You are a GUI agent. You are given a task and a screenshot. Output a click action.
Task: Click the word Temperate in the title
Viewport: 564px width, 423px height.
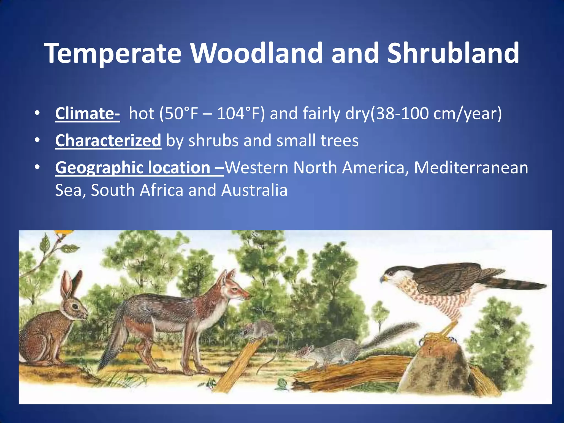pyautogui.click(x=113, y=54)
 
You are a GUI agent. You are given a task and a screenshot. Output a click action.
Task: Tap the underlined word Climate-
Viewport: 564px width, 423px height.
pyautogui.click(x=87, y=114)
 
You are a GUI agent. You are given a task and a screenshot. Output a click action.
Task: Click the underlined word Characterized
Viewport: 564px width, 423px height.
pyautogui.click(x=108, y=141)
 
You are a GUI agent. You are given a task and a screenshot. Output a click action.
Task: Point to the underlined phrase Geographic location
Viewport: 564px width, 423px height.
pyautogui.click(x=133, y=168)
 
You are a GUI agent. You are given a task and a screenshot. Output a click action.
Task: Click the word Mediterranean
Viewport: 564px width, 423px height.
pyautogui.click(x=471, y=168)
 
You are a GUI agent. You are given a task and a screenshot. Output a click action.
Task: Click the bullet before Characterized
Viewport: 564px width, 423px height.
pyautogui.click(x=37, y=141)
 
